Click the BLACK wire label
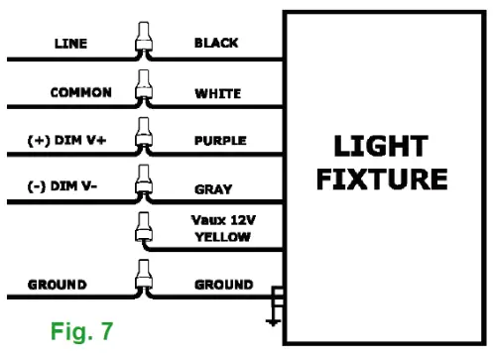[x=215, y=45]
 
